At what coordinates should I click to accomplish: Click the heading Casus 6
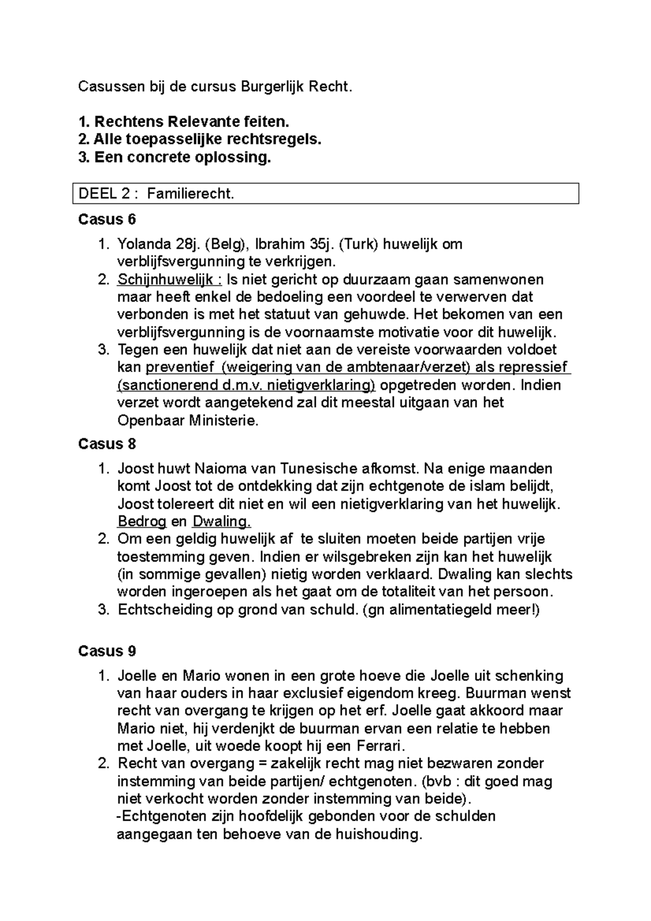[x=107, y=220]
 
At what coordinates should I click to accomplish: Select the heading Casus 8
[x=107, y=444]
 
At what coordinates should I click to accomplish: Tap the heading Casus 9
[x=107, y=651]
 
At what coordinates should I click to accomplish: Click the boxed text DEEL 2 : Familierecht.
[x=157, y=194]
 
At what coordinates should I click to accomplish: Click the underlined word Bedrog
[x=142, y=522]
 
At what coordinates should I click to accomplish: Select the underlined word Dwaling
[x=221, y=522]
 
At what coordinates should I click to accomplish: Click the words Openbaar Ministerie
[x=188, y=421]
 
